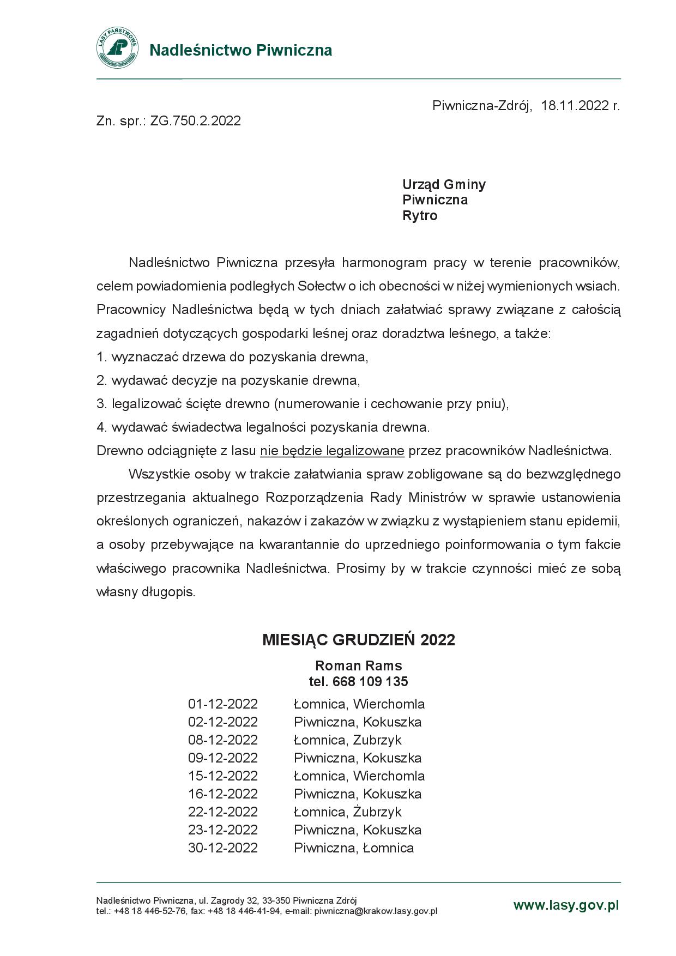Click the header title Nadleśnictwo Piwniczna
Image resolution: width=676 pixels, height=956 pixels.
[x=240, y=50]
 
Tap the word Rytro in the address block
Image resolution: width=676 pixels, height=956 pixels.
[x=420, y=216]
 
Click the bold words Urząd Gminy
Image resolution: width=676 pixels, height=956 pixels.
[x=444, y=184]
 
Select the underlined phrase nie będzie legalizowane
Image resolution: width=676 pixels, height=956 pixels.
[x=332, y=451]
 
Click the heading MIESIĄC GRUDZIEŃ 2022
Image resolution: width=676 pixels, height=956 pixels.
[x=358, y=639]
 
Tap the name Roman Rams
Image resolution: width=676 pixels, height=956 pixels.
[x=358, y=665]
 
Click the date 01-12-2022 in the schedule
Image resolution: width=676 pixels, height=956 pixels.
[x=222, y=704]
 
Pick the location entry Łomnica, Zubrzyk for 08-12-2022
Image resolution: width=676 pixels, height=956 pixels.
[x=347, y=740]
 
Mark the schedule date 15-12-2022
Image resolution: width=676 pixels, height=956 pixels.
[x=222, y=776]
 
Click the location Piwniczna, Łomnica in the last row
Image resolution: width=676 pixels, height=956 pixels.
[x=353, y=848]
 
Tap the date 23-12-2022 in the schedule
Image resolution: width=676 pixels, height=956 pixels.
[x=222, y=830]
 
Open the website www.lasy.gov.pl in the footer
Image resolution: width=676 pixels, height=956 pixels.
[x=566, y=905]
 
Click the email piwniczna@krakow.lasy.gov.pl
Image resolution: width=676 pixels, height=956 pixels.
[x=376, y=911]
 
